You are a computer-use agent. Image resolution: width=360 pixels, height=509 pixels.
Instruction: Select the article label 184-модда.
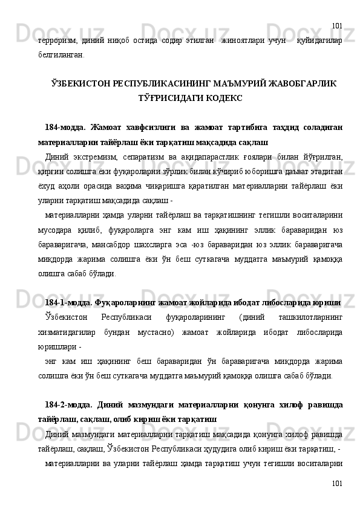point(64,128)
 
